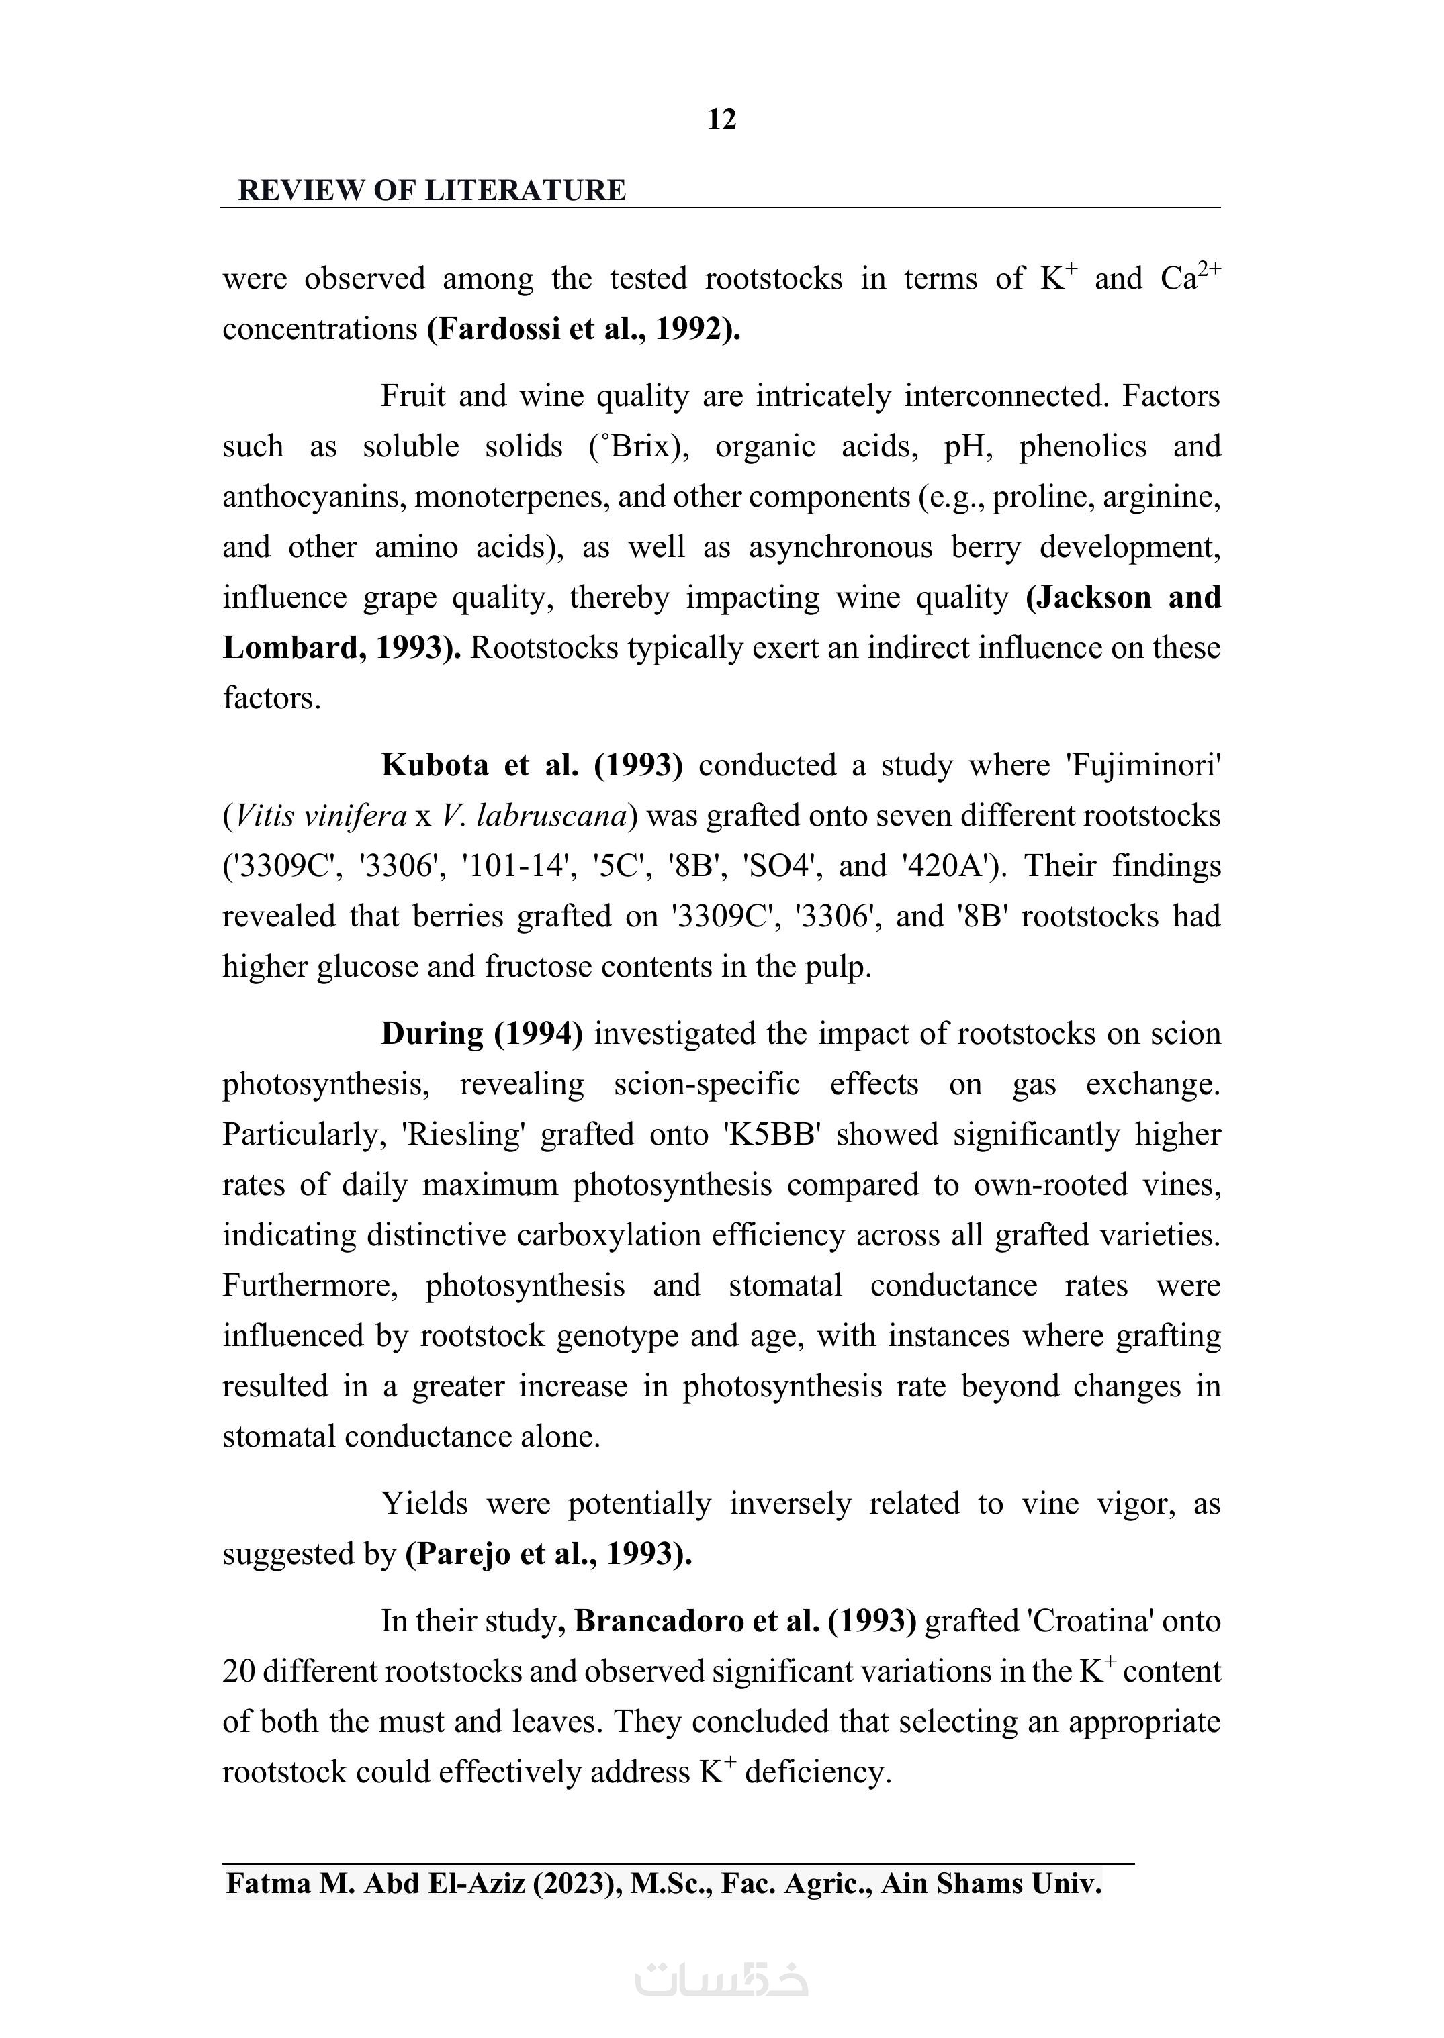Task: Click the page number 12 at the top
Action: point(721,120)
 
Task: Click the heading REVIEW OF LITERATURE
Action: point(432,190)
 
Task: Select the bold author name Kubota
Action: point(435,765)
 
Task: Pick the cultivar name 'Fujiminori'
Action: point(1142,765)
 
